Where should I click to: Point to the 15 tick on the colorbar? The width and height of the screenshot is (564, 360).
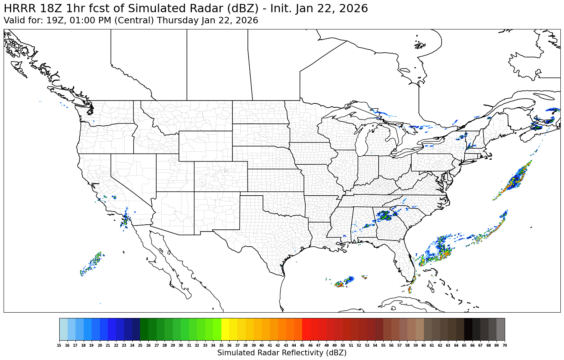(59, 345)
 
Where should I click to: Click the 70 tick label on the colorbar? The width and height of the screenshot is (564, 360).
(504, 345)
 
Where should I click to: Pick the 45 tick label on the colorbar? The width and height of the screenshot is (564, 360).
(302, 345)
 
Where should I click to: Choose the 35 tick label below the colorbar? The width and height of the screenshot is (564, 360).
(221, 345)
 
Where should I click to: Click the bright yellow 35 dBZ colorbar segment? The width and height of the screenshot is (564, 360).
(225, 329)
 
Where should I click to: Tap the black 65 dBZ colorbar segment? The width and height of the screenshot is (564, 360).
(468, 329)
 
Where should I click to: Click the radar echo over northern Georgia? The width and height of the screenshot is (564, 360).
(385, 216)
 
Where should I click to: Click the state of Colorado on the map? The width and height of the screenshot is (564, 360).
(221, 176)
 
